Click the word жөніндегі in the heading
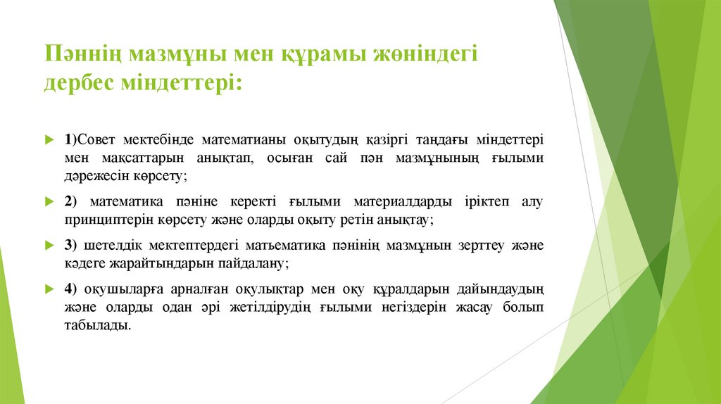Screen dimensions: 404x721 [x=425, y=53]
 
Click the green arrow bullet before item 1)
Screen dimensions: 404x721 [x=49, y=140]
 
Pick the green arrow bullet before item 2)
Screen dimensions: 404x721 [x=49, y=202]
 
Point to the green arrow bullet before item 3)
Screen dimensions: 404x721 [x=49, y=246]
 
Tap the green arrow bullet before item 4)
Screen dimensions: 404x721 [x=49, y=290]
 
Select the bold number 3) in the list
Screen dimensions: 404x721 [x=70, y=246]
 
